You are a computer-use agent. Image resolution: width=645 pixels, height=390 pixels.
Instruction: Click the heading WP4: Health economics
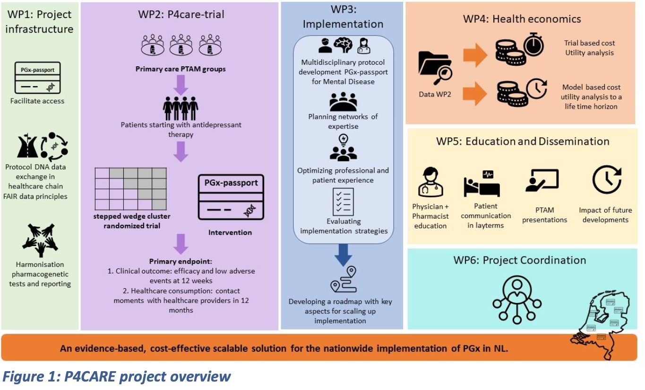[522, 19]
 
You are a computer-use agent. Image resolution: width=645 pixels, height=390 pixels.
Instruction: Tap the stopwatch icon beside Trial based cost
[534, 45]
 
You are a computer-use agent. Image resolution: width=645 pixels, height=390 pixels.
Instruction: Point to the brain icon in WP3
[343, 45]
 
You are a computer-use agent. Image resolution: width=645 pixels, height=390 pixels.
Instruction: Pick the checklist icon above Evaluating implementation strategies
[343, 202]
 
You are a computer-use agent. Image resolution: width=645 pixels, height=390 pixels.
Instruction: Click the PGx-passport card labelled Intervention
[231, 197]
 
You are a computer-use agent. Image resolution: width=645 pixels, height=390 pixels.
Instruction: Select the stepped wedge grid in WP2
[131, 188]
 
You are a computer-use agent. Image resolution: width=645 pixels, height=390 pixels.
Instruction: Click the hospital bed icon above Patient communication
[482, 183]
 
